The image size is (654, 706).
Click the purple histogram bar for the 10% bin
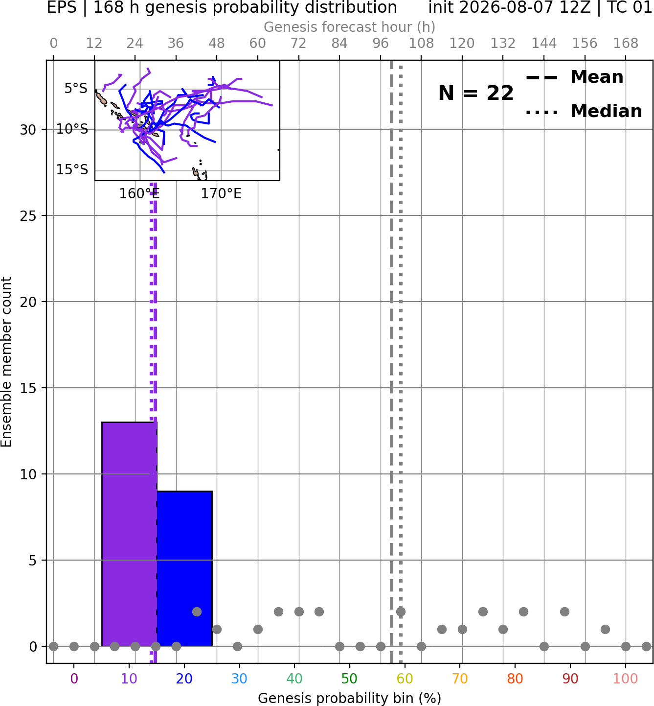pyautogui.click(x=129, y=534)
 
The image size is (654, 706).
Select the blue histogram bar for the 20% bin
pyautogui.click(x=184, y=568)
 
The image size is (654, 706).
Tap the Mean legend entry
pyautogui.click(x=574, y=77)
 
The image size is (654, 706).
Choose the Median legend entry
pyautogui.click(x=584, y=111)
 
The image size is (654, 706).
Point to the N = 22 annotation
pyautogui.click(x=475, y=93)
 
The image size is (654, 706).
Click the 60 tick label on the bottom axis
pyautogui.click(x=405, y=679)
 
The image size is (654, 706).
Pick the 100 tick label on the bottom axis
pyautogui.click(x=626, y=679)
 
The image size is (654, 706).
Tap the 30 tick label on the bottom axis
pyautogui.click(x=239, y=679)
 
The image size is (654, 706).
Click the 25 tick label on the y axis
pyautogui.click(x=28, y=216)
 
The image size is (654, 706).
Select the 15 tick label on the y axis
pyautogui.click(x=28, y=388)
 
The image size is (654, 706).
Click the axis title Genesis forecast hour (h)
pyautogui.click(x=350, y=27)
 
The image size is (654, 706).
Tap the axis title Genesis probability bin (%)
pyautogui.click(x=350, y=699)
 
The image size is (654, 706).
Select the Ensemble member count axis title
pyautogui.click(x=6, y=362)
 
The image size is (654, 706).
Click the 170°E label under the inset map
pyautogui.click(x=221, y=194)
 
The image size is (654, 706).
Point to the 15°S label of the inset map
pyautogui.click(x=72, y=169)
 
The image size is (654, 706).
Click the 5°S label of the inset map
pyautogui.click(x=76, y=88)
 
